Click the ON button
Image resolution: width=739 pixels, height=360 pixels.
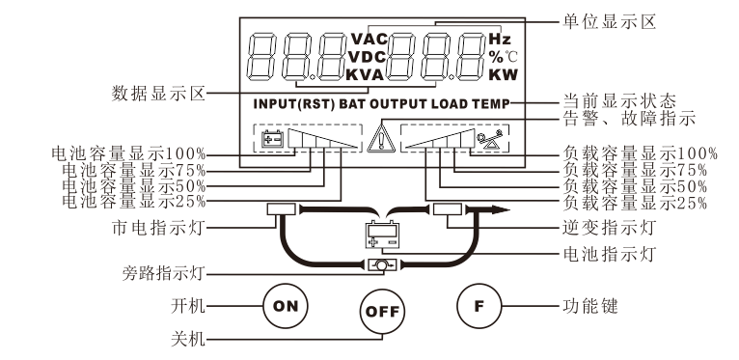coord(285,306)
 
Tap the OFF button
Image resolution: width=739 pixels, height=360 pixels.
coord(382,312)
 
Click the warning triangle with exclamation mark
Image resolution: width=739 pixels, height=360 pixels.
coord(381,138)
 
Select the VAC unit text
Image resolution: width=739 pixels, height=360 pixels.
coord(369,39)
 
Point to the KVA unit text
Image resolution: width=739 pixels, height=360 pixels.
coord(366,75)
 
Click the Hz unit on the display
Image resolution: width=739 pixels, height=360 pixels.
coord(500,39)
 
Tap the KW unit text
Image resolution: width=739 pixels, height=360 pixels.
coord(503,75)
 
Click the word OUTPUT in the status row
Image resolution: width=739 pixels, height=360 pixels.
coord(398,103)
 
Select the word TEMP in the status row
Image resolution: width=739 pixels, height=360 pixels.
coord(491,103)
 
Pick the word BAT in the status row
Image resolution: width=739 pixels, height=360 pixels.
coord(351,103)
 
